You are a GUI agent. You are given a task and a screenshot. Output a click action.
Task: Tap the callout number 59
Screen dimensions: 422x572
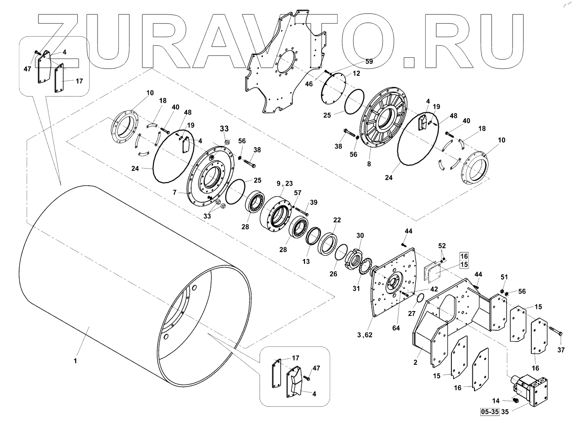(x=369, y=62)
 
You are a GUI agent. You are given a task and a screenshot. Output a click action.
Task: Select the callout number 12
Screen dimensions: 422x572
(x=356, y=73)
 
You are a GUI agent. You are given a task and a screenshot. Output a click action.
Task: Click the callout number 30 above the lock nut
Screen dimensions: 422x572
(x=360, y=235)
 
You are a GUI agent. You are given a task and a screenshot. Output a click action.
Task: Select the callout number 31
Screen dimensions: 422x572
(x=357, y=288)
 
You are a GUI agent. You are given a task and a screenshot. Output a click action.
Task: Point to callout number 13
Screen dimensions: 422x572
(x=306, y=261)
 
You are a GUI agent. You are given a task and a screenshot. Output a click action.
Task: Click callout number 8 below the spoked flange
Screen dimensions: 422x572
(x=369, y=164)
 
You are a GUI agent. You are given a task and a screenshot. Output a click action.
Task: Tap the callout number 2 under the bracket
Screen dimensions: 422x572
(x=415, y=362)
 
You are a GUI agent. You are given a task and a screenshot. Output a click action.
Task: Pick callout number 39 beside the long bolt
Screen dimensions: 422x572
(x=313, y=202)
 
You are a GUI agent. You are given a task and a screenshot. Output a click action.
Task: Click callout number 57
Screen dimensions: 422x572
(x=298, y=193)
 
